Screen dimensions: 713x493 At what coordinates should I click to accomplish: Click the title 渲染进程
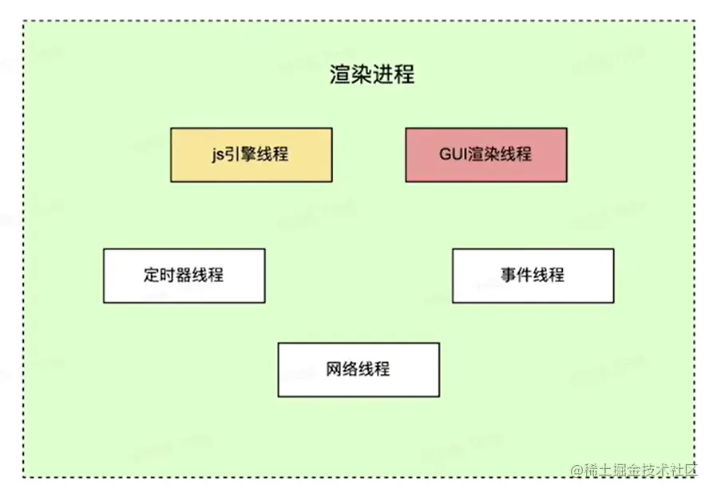pos(372,75)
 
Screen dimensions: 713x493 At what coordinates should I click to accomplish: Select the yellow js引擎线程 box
pos(251,155)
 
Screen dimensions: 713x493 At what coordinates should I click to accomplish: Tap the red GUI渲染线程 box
pos(485,155)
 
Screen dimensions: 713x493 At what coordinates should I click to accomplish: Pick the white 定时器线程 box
pos(184,276)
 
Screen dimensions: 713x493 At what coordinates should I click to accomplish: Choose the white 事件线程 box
pos(533,276)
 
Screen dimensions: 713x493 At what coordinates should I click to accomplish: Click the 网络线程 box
pos(358,370)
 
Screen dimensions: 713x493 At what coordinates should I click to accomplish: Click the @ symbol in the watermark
pos(576,470)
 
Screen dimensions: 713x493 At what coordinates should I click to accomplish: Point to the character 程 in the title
pos(404,75)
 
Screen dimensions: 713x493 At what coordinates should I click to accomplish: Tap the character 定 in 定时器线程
pos(153,276)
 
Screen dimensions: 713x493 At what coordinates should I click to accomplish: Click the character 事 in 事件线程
pos(509,276)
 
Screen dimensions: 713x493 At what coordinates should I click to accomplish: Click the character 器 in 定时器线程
pos(184,276)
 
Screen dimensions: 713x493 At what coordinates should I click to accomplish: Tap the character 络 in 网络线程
pos(351,370)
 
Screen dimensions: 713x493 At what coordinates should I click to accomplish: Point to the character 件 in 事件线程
pos(525,276)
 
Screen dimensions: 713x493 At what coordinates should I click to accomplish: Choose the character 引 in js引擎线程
pos(235,155)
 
